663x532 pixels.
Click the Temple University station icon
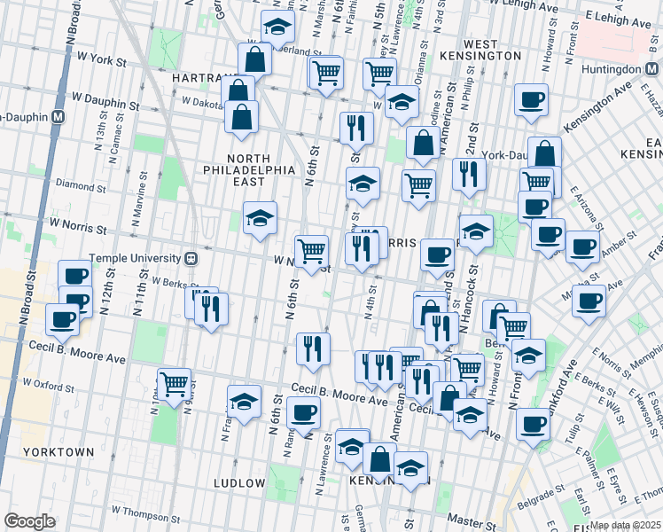point(189,258)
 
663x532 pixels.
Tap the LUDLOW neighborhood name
point(239,483)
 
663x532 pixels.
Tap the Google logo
point(29,521)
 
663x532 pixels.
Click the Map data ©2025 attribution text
point(626,525)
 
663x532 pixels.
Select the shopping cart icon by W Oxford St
point(174,383)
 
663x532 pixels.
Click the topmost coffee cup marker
point(532,99)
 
